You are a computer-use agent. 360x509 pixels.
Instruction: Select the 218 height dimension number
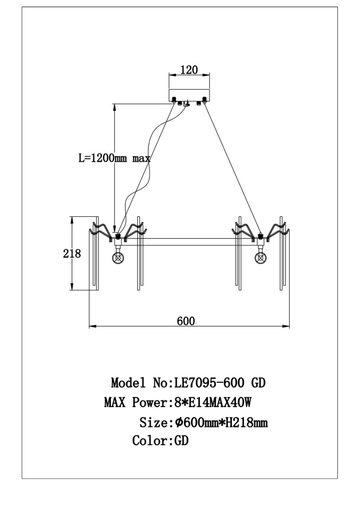click(x=72, y=254)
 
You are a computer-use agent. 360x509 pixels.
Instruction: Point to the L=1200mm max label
click(x=114, y=159)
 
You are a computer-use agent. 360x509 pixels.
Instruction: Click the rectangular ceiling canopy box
click(x=188, y=95)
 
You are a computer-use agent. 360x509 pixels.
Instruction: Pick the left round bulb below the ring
click(x=118, y=258)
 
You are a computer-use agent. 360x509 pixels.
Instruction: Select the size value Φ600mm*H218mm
click(x=221, y=423)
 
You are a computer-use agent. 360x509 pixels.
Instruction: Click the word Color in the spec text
click(x=150, y=441)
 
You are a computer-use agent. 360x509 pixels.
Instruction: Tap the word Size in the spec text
click(x=154, y=423)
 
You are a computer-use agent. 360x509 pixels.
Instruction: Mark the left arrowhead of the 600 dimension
click(x=92, y=325)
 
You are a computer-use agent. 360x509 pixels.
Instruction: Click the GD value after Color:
click(x=182, y=441)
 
